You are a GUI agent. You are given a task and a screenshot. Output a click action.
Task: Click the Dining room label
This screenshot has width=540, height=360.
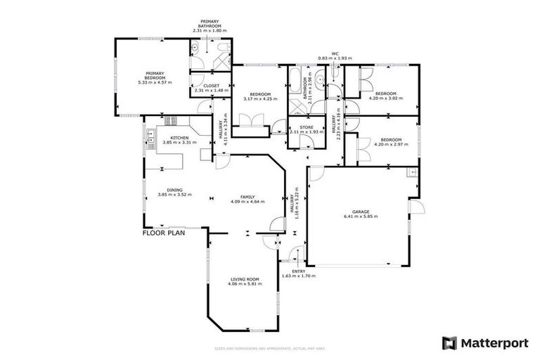174,190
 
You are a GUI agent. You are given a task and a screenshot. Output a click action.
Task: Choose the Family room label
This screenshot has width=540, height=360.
247,197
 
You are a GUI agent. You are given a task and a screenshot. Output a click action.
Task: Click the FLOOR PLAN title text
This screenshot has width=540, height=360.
163,233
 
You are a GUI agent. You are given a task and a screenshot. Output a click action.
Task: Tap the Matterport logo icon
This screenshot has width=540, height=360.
449,342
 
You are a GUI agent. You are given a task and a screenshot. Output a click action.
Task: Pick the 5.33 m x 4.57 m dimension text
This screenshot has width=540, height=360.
155,82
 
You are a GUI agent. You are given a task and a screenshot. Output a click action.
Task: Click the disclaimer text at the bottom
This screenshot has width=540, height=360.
270,349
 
